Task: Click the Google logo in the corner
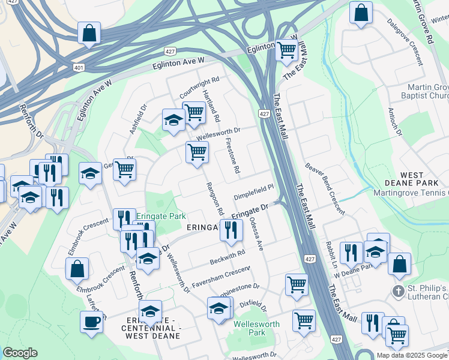point(19,353)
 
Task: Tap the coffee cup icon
point(91,321)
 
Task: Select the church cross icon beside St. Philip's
point(397,291)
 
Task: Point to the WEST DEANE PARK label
point(421,178)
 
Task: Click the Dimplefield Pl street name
point(253,191)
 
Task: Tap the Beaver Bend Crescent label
point(324,188)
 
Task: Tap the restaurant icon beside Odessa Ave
point(231,229)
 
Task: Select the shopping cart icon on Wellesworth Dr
point(197,152)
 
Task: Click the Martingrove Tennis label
point(411,193)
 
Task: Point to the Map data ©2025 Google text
point(412,355)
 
